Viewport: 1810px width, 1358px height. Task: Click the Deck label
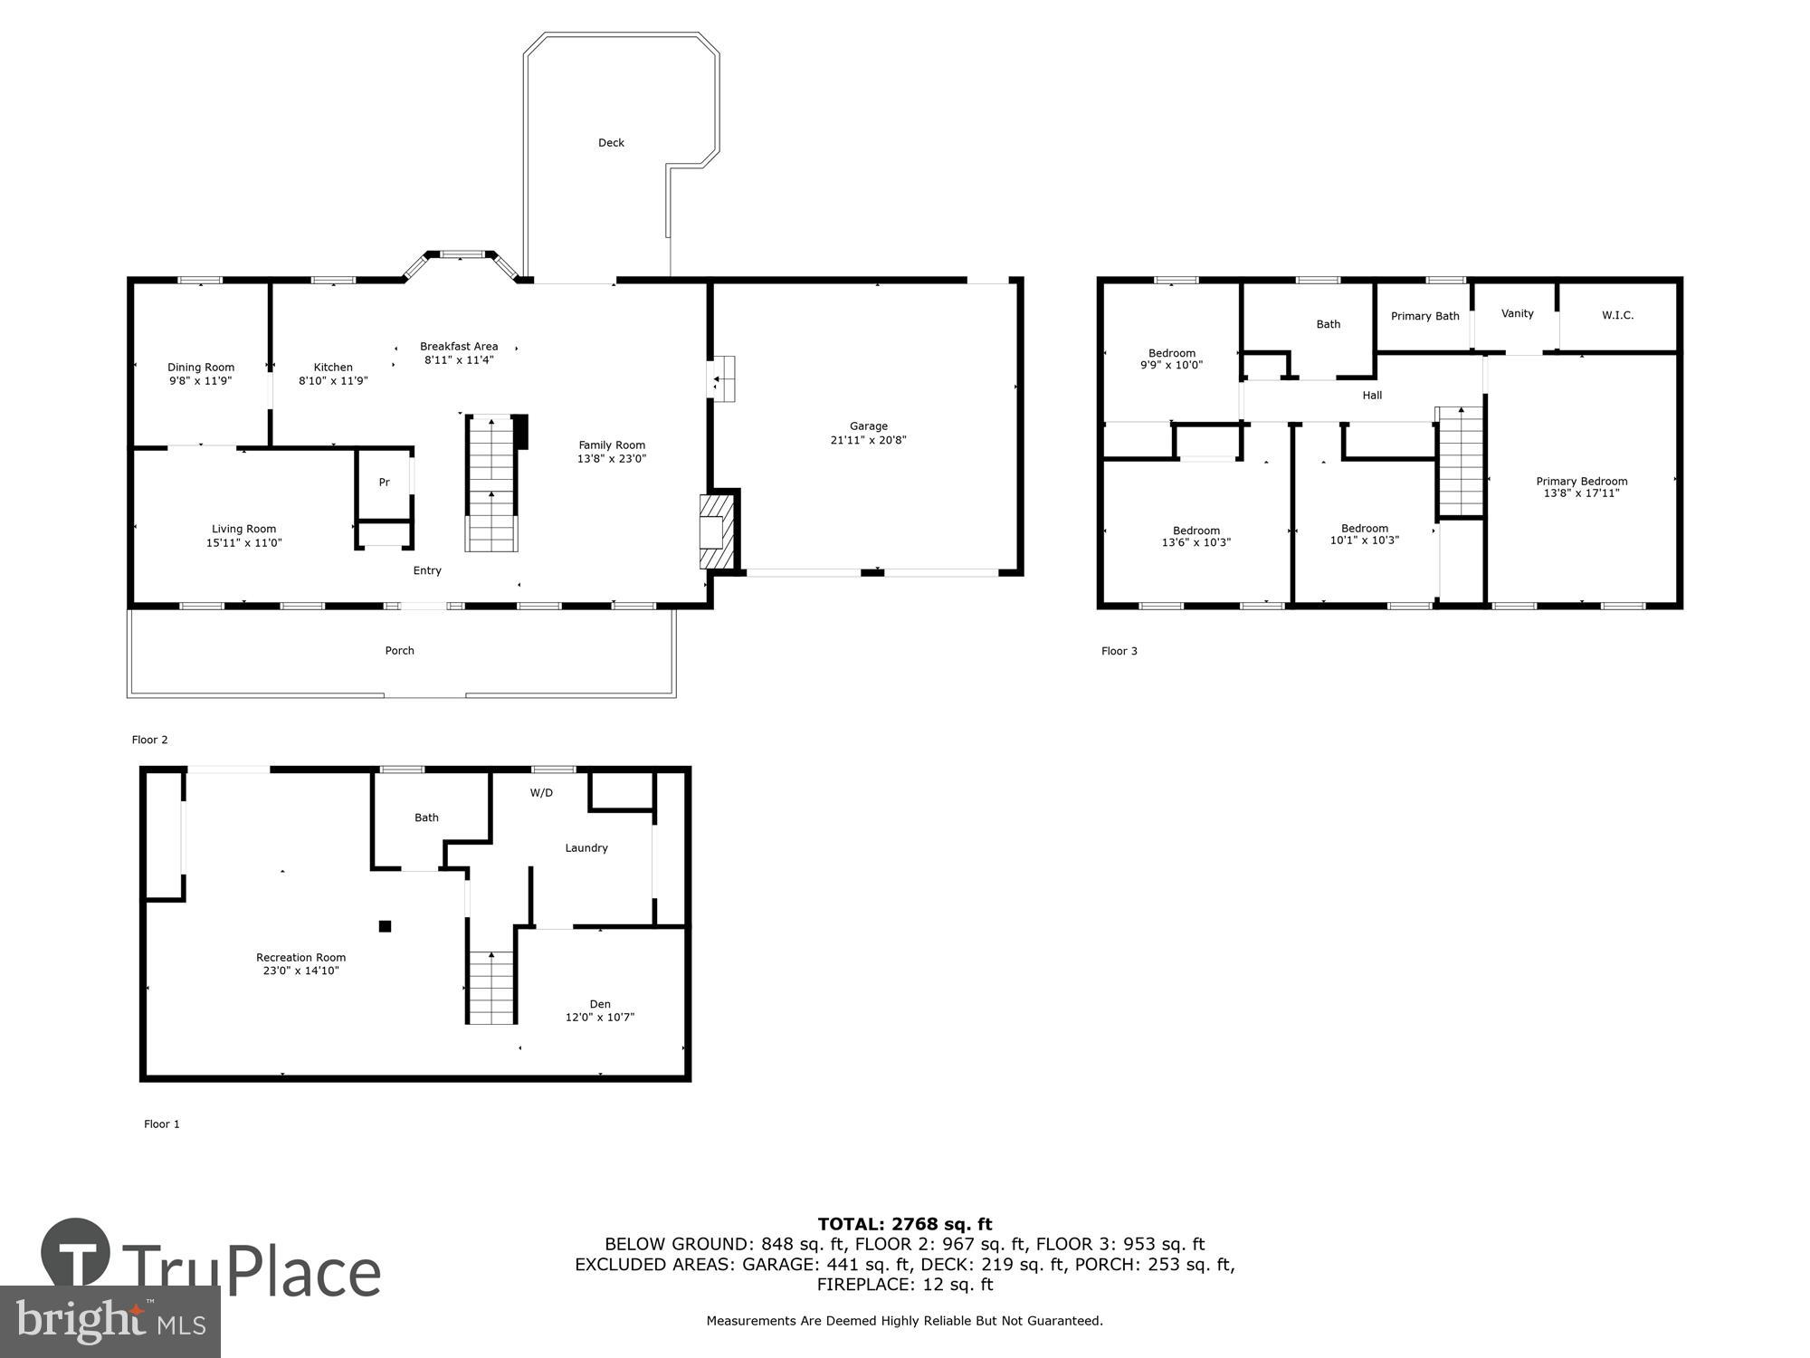[611, 143]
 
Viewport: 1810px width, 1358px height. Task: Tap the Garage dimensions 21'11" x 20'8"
[868, 441]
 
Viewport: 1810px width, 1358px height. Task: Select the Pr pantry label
[384, 483]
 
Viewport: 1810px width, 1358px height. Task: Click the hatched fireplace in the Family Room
[715, 531]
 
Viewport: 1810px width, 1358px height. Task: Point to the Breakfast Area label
[459, 347]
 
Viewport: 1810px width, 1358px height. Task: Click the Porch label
[399, 651]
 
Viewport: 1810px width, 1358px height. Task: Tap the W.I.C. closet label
[1617, 316]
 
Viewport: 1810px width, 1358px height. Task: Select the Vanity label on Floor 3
[1517, 314]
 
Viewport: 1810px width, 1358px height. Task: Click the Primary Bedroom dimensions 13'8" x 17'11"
[1581, 493]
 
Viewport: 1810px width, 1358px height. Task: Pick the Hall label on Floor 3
[1372, 396]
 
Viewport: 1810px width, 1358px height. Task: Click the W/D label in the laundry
[541, 793]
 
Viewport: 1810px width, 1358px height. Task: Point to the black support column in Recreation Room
[385, 925]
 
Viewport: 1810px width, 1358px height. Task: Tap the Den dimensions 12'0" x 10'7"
[599, 1018]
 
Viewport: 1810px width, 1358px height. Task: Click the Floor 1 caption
[162, 1124]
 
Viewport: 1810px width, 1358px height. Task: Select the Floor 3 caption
[1119, 651]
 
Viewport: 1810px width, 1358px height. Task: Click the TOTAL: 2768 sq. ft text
[904, 1225]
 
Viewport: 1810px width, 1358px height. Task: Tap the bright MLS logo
[110, 1322]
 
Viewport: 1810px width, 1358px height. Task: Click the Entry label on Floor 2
[427, 570]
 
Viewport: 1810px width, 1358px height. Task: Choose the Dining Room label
[201, 368]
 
